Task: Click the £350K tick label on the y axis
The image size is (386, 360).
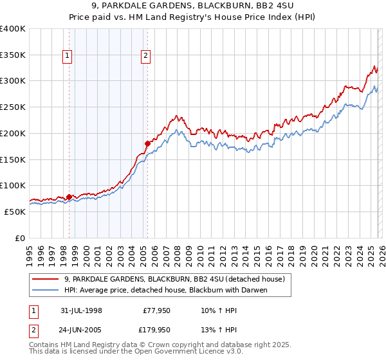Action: pos(13,55)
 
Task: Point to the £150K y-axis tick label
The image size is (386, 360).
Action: pos(13,159)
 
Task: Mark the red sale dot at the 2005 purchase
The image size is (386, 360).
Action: pos(147,143)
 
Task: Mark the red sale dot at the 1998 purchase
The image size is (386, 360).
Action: pos(69,197)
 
